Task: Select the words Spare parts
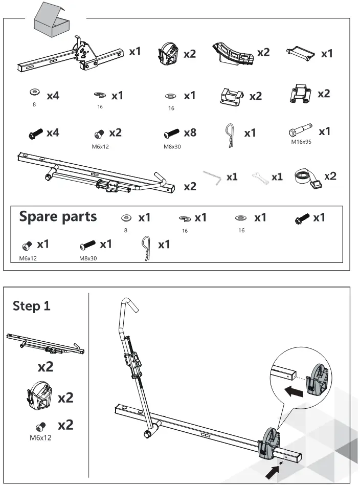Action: (x=58, y=216)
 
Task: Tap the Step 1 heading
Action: (x=32, y=306)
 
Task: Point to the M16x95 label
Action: (x=301, y=142)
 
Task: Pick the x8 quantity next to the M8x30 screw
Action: (x=190, y=133)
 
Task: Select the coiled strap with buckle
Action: (x=308, y=178)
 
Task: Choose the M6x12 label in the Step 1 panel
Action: (x=40, y=437)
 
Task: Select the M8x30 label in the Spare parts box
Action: (x=88, y=258)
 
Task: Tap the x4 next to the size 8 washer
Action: (x=53, y=96)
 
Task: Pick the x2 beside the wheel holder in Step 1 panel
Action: (x=65, y=398)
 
